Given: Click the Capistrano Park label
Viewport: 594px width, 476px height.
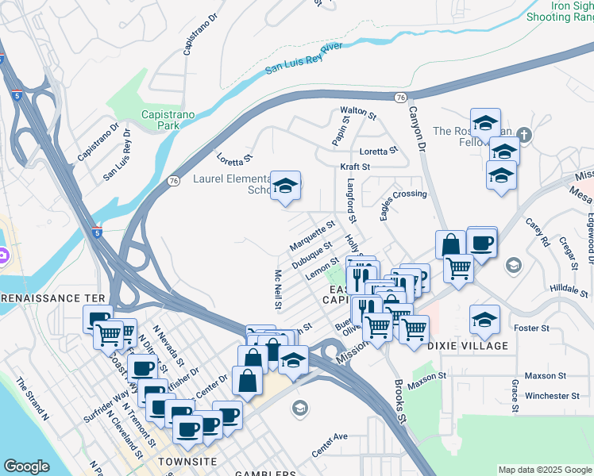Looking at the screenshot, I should coord(168,120).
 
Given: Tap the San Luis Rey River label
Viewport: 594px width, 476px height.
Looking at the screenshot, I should coord(303,59).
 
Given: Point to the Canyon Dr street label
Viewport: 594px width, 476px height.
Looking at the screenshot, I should coord(417,129).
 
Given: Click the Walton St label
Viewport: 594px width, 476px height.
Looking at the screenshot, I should coord(357,110).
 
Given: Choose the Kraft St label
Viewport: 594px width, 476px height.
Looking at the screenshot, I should coord(356,167).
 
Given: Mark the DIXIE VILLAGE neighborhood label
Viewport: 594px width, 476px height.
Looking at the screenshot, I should coord(468,346).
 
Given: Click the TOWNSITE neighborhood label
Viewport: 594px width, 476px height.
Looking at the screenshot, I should coord(187,461).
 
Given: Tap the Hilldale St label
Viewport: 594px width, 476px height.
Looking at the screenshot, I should coord(567,290).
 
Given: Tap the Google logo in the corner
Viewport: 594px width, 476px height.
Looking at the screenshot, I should coord(26,466).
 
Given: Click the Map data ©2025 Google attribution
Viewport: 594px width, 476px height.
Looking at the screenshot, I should coord(545,470).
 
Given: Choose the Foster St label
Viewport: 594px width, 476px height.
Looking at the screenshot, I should coord(532,328).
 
